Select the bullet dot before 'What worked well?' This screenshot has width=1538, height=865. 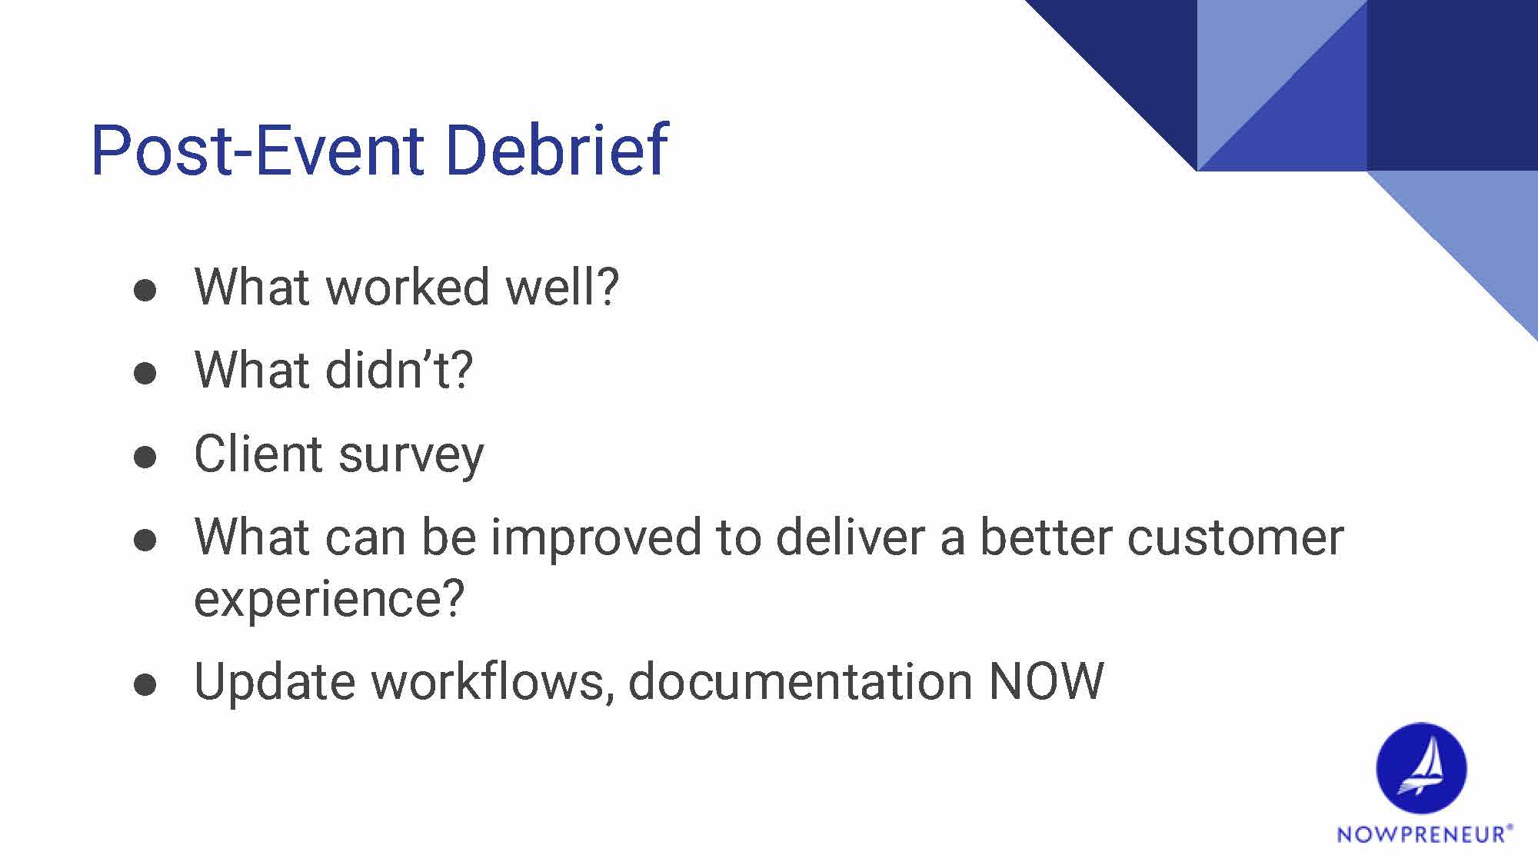pos(145,291)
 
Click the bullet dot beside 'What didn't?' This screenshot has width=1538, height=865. pos(145,374)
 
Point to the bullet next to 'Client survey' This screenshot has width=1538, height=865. pos(145,457)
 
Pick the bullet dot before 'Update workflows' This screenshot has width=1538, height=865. pos(145,685)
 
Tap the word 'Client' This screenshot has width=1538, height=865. pos(259,453)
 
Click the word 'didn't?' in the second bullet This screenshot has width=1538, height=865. pos(399,369)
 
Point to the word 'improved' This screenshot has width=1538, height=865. pos(596,538)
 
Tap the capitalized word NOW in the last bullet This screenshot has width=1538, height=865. pos(1047,681)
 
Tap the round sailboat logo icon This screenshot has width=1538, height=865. pos(1421,768)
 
